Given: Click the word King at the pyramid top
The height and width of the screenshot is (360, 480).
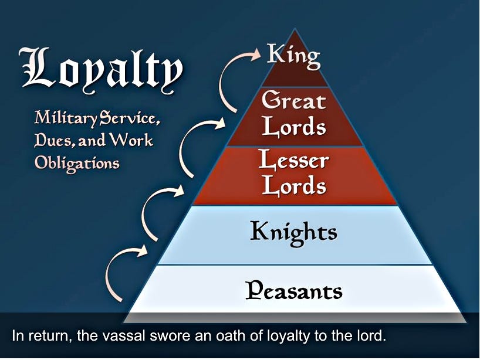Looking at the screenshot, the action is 293,55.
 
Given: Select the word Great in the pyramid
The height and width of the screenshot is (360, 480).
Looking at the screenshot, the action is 293,101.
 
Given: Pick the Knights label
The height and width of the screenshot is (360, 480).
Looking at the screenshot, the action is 293,232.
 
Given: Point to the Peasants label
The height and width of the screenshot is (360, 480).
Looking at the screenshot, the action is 293,290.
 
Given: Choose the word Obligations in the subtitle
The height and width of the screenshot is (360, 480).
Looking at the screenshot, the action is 77,162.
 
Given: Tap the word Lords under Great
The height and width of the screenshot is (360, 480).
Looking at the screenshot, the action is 293,127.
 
